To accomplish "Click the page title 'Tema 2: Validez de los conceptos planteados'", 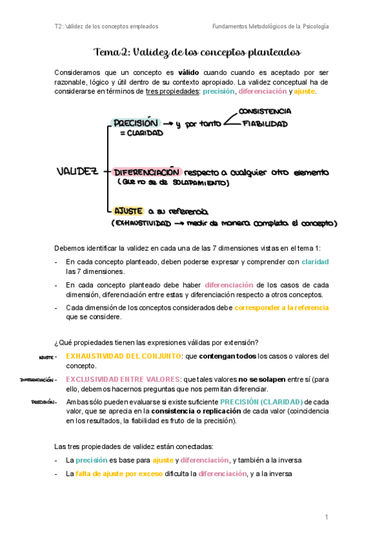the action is click(x=197, y=52).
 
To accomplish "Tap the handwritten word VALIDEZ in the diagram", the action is click(x=77, y=171).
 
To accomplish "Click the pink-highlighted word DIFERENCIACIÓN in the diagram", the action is click(x=146, y=172).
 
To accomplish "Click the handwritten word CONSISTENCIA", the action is click(x=269, y=112).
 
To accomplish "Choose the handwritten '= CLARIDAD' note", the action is click(x=141, y=133).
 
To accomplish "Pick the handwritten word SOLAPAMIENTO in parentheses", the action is click(x=197, y=183).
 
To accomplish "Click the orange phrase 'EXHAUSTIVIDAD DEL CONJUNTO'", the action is click(x=123, y=355).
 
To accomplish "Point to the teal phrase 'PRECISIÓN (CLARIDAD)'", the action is click(x=262, y=402).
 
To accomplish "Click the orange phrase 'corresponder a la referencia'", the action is click(x=281, y=307).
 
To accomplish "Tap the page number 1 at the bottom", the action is click(x=326, y=517).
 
